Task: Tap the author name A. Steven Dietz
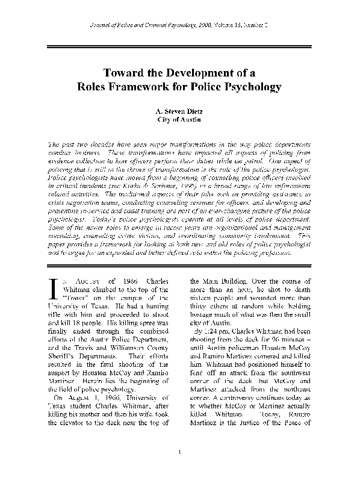point(180,111)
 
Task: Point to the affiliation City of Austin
point(180,120)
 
